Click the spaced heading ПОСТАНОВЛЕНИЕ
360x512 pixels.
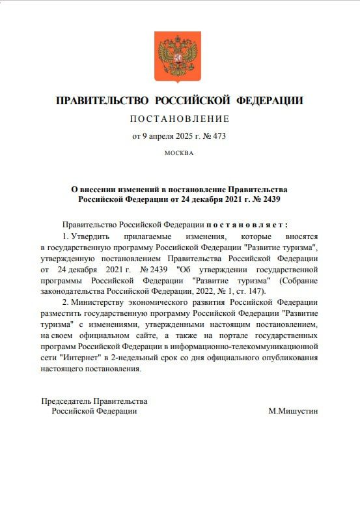tap(180, 119)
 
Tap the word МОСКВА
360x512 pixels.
tap(180, 153)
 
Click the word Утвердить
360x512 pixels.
tap(94, 235)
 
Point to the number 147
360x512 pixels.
tap(253, 291)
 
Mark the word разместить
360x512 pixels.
tap(61, 314)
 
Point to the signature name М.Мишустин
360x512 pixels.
tap(293, 411)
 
